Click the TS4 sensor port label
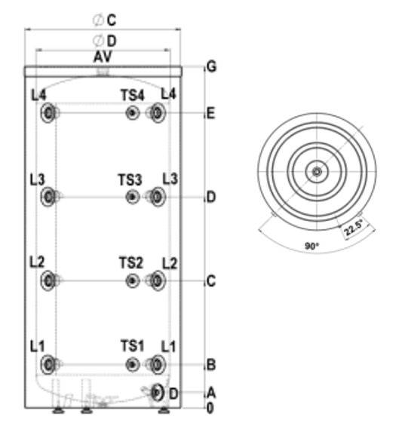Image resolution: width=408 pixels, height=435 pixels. click(x=133, y=96)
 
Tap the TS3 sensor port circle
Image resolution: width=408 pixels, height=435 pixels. click(x=133, y=197)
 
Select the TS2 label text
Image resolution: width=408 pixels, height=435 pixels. click(x=131, y=262)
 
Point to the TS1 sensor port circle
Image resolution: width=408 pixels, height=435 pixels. click(x=133, y=365)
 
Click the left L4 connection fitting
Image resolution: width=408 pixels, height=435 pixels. click(x=49, y=113)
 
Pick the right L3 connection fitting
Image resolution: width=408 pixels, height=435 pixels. click(x=157, y=197)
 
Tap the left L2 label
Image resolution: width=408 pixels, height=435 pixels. click(x=37, y=262)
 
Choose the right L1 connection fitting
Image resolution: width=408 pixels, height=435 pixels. click(x=157, y=365)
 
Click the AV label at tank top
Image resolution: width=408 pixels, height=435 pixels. click(x=103, y=57)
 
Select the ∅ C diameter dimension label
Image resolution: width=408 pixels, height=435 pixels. click(x=104, y=20)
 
